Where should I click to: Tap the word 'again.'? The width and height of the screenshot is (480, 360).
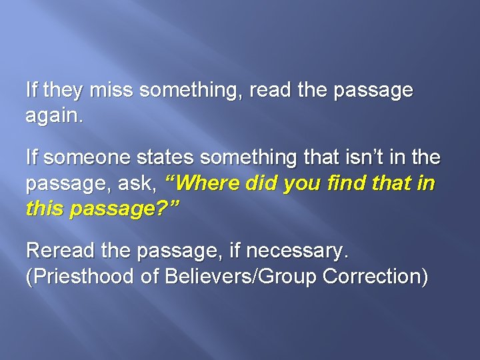(55, 116)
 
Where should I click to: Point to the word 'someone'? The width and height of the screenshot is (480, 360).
(84, 158)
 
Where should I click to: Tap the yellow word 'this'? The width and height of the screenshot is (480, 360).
(43, 209)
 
